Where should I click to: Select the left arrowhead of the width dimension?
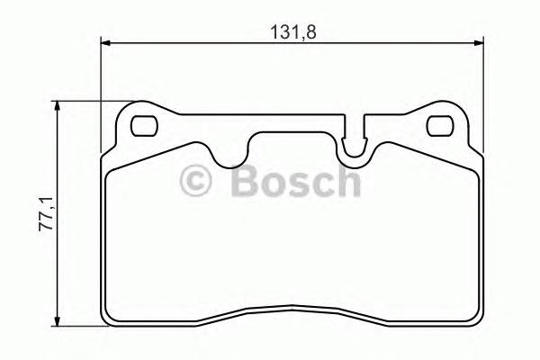pyautogui.click(x=105, y=41)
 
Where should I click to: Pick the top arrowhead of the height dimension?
pyautogui.click(x=59, y=106)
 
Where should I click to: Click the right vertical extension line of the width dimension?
pyautogui.click(x=485, y=99)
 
